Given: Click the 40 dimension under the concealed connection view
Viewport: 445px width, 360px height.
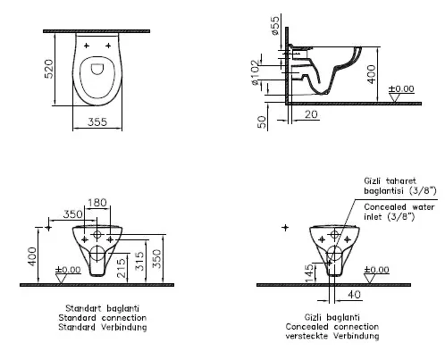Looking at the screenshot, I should click(x=356, y=293).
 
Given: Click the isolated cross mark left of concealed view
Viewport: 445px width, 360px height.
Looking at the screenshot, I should click(x=286, y=230).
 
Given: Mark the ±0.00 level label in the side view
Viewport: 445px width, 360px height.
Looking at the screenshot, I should click(x=404, y=90).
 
